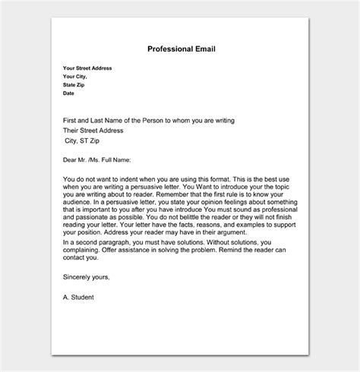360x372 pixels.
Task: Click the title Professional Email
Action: click(x=182, y=49)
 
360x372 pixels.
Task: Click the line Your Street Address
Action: click(x=87, y=68)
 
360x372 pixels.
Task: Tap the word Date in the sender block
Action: click(x=69, y=93)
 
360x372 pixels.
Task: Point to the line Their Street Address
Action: click(x=97, y=129)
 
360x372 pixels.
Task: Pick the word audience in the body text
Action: click(x=81, y=203)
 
